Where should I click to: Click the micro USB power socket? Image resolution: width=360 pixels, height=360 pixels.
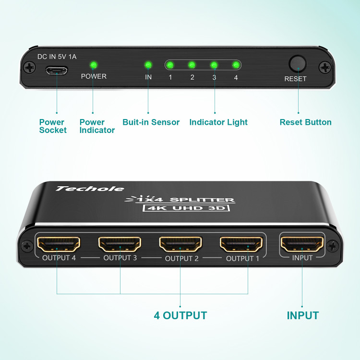point(57,71)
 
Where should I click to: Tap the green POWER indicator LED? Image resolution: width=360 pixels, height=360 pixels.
point(93,65)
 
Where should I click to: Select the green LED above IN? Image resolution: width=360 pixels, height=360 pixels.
point(148,65)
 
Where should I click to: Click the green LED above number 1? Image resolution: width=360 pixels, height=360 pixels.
point(170,65)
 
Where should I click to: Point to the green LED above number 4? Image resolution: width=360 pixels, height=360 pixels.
point(236,65)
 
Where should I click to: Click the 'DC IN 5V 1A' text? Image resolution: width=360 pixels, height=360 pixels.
point(57,57)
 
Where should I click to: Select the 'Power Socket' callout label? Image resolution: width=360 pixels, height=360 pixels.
point(52,126)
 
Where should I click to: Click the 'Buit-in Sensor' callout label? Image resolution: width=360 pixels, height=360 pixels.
point(151,122)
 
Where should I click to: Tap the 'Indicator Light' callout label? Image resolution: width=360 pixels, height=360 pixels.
point(218,122)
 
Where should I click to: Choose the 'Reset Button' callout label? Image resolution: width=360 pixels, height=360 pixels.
point(305,122)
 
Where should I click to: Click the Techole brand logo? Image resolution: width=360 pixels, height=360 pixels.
point(89,189)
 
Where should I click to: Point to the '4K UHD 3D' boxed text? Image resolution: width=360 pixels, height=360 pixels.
point(186,208)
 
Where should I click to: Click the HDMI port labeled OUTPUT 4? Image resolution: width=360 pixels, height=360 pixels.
point(59,244)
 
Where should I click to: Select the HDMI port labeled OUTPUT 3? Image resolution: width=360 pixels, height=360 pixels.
point(120,244)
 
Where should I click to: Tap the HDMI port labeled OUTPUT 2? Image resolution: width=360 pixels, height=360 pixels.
point(180,244)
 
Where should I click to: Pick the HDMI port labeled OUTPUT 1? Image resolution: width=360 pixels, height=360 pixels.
point(241,244)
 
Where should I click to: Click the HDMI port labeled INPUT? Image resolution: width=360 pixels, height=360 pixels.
point(302,244)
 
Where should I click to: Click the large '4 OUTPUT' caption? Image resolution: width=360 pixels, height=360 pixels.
point(180,315)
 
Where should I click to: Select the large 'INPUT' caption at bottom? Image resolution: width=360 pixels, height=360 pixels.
point(302,315)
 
